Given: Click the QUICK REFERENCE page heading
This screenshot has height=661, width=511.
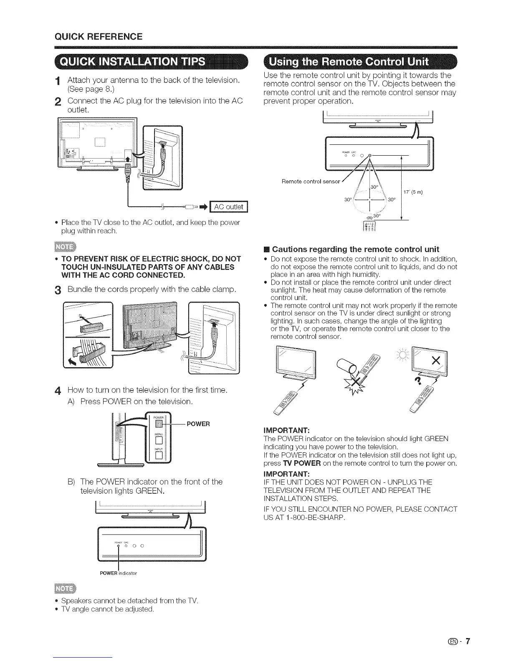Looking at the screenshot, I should pyautogui.click(x=99, y=36).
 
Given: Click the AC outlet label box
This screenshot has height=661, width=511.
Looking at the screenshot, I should pyautogui.click(x=230, y=207).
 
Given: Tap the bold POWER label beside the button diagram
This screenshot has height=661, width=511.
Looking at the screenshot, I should pyautogui.click(x=198, y=424).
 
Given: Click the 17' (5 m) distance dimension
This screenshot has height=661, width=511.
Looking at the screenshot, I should pyautogui.click(x=413, y=192).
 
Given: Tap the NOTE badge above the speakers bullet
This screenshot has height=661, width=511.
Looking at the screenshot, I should pyautogui.click(x=66, y=589).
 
